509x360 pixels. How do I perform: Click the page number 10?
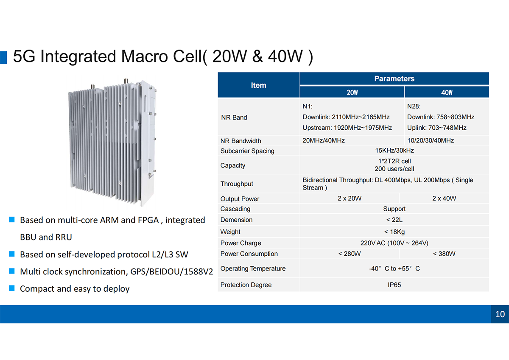500,314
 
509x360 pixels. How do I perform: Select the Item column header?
258,85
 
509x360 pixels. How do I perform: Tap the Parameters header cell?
394,78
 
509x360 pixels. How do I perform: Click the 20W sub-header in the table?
352,92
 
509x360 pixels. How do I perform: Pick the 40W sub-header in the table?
447,92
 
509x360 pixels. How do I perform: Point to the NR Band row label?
234,117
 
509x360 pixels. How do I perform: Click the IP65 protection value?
394,285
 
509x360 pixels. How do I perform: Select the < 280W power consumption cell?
350,254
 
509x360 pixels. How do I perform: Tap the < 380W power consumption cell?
444,254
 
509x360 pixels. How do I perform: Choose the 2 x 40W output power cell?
444,198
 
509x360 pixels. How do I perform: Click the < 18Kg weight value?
394,232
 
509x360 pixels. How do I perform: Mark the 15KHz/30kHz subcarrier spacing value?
394,151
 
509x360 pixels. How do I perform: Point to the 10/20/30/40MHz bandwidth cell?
431,140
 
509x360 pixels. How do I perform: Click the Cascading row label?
235,209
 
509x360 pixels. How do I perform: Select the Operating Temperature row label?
253,268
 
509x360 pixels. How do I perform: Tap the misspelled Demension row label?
236,220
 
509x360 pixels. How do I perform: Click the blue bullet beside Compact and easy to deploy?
12,288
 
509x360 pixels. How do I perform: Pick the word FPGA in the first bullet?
148,220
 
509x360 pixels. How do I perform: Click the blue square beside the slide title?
3,58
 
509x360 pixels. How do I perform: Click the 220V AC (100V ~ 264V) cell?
394,243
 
